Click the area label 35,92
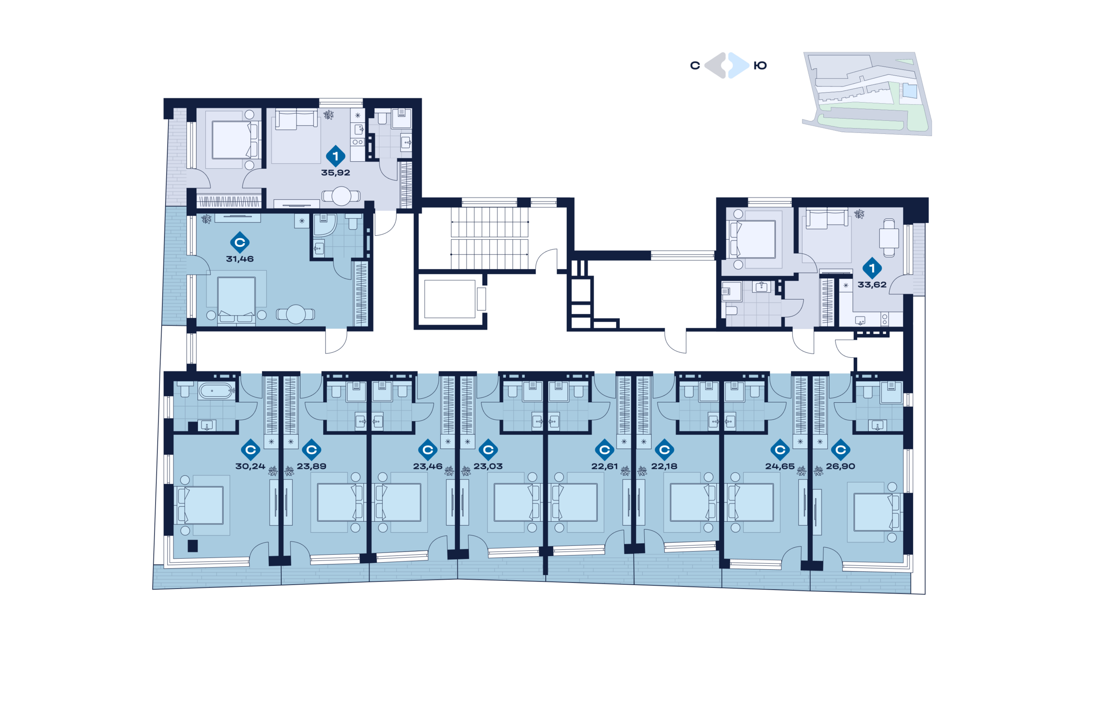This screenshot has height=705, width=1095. pyautogui.click(x=335, y=173)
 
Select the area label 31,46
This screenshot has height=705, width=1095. pyautogui.click(x=240, y=259)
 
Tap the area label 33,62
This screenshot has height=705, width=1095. pyautogui.click(x=872, y=284)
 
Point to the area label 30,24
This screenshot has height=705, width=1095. pyautogui.click(x=250, y=466)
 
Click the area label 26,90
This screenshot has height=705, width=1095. pyautogui.click(x=840, y=466)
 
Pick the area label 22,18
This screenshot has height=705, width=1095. pyautogui.click(x=664, y=466)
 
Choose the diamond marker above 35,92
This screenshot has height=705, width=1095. pyautogui.click(x=335, y=156)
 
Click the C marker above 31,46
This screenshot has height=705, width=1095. pyautogui.click(x=240, y=242)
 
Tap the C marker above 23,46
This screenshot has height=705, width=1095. pyautogui.click(x=428, y=449)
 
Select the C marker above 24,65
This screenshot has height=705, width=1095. pyautogui.click(x=780, y=449)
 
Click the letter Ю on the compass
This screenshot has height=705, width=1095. pyautogui.click(x=760, y=66)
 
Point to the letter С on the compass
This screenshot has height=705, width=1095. pyautogui.click(x=695, y=66)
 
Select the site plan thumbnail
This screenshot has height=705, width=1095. pyautogui.click(x=868, y=93)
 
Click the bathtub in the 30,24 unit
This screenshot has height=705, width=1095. pyautogui.click(x=216, y=391)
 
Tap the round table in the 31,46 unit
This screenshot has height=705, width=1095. pyautogui.click(x=296, y=314)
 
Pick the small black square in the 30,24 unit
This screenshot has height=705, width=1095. pyautogui.click(x=192, y=545)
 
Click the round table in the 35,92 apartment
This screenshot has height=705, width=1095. pyautogui.click(x=341, y=196)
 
